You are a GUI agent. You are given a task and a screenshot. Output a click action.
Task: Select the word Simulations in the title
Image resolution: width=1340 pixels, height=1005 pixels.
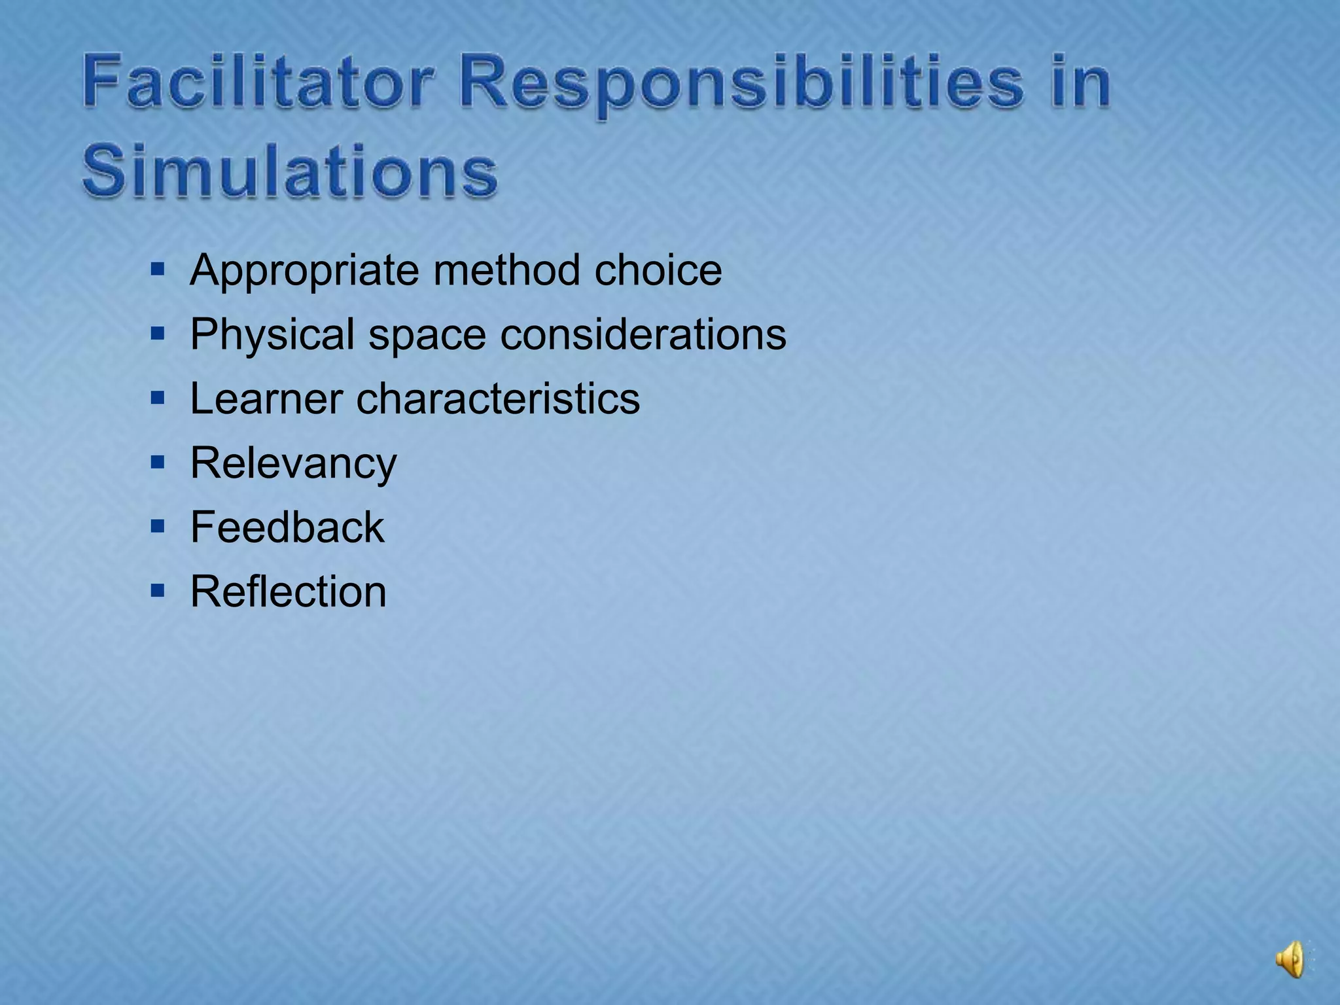point(290,171)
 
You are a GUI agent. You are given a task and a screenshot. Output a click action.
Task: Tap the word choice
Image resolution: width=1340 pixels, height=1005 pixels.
point(658,270)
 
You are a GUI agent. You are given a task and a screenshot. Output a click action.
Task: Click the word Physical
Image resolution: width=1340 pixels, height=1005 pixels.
point(272,335)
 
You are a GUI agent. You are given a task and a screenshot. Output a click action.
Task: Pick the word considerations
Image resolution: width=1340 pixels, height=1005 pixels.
point(643,334)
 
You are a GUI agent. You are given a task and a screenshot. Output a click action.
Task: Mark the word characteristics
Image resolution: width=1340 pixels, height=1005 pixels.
point(498,399)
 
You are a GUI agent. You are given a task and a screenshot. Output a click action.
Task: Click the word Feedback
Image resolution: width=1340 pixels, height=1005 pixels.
point(287,527)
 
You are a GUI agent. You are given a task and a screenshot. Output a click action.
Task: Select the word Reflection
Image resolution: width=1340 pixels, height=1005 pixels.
point(288,591)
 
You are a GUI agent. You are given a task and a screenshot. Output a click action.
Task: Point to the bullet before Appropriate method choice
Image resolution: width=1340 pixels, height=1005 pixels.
point(157,269)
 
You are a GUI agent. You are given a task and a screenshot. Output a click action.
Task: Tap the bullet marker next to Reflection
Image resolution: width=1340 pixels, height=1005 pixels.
point(157,591)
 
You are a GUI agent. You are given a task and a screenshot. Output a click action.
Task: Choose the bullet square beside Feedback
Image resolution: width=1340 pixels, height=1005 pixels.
point(157,527)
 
